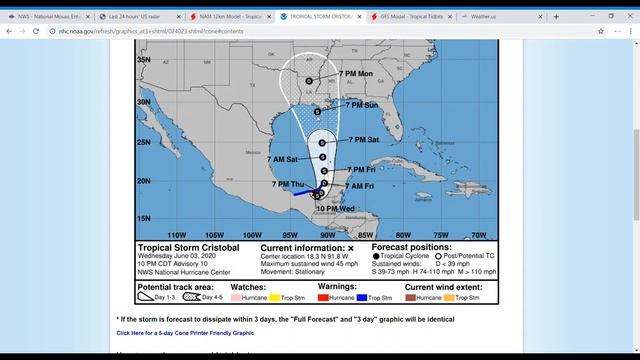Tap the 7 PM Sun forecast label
[361, 105]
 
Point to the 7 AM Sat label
[283, 159]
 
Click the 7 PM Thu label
[288, 184]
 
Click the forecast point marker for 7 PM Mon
[309, 81]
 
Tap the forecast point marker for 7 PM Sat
[322, 143]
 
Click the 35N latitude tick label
[143, 59]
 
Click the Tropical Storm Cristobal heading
[190, 248]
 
